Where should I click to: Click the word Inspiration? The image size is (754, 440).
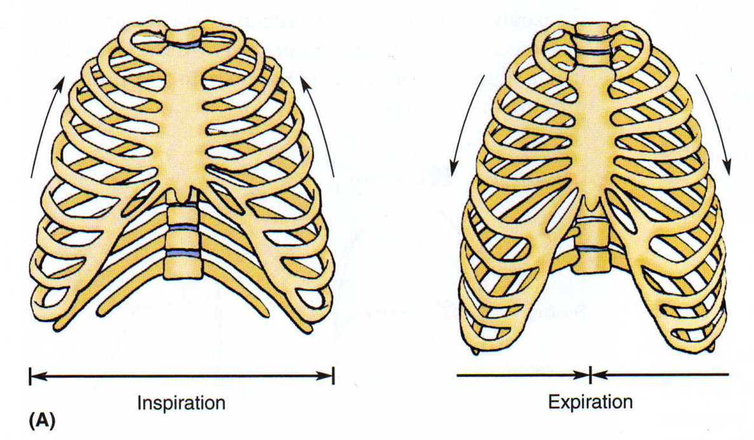click(x=181, y=403)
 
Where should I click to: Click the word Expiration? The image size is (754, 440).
click(x=591, y=401)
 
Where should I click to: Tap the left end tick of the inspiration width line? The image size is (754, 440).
click(x=30, y=376)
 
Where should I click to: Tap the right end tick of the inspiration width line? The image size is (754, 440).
click(x=333, y=376)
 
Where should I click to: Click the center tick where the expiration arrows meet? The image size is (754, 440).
click(x=590, y=375)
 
